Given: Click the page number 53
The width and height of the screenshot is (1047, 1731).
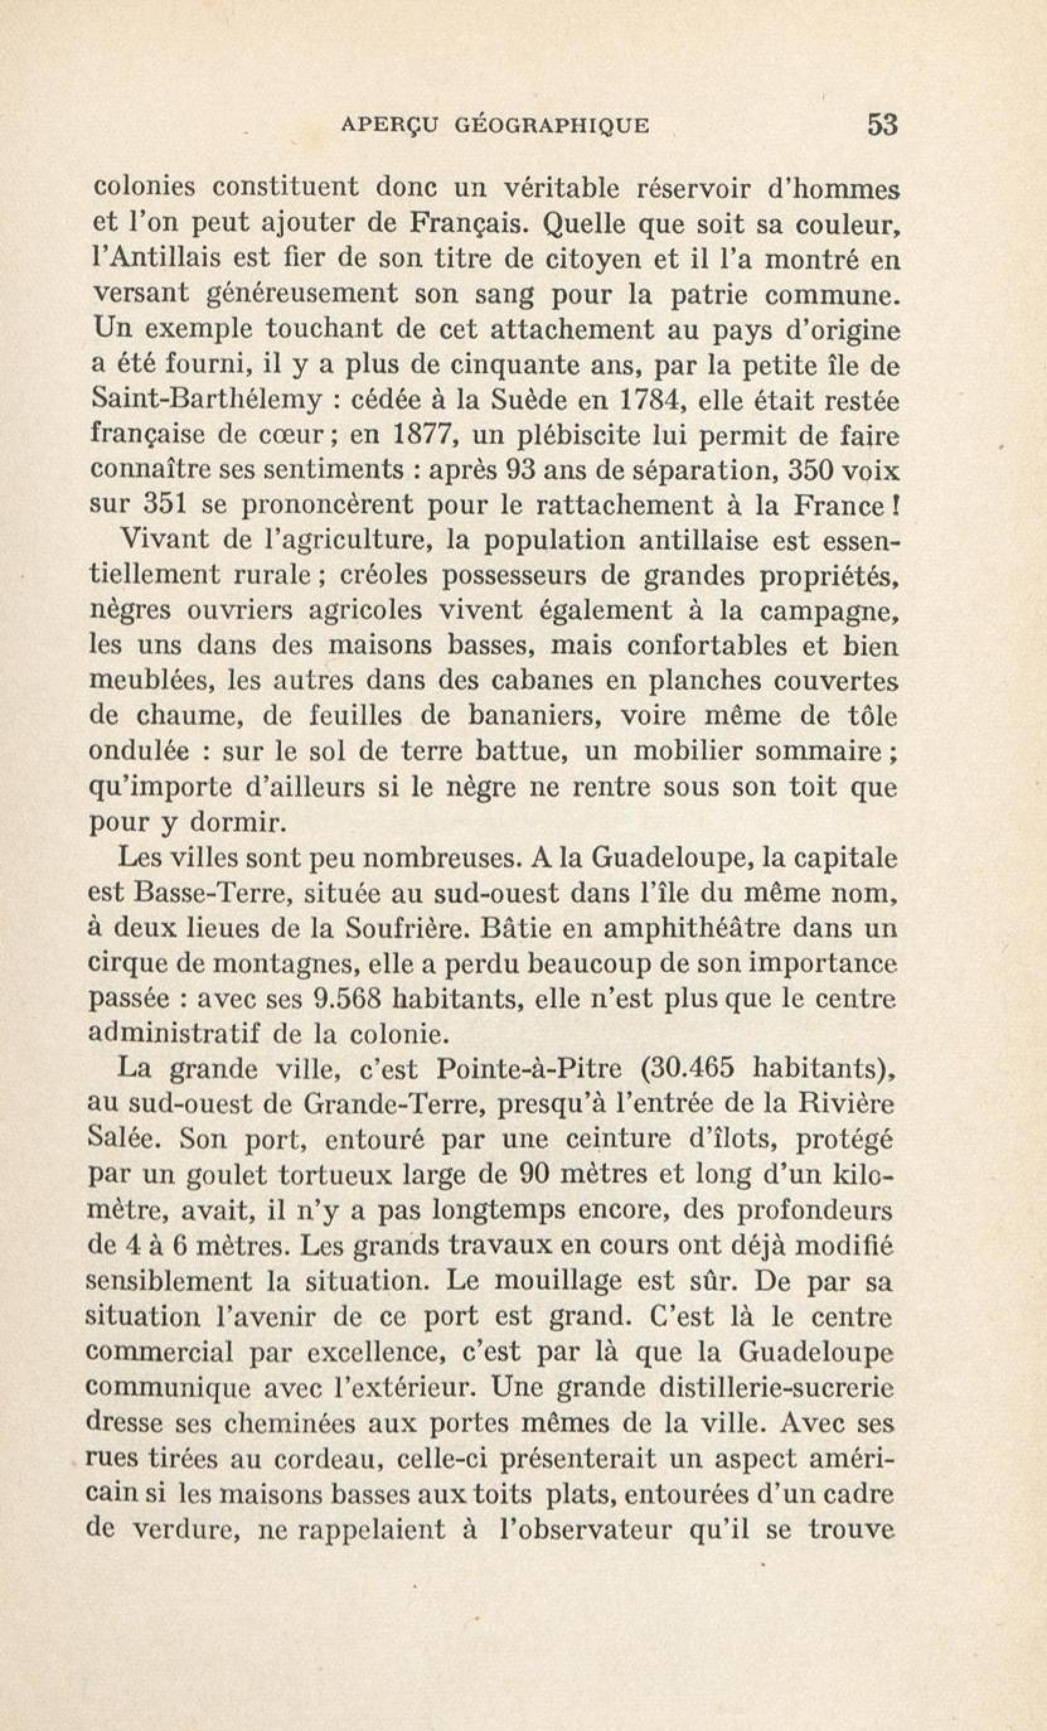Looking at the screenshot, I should (x=883, y=124).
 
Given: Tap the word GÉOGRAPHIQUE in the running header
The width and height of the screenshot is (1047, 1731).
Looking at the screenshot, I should (x=552, y=125).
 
